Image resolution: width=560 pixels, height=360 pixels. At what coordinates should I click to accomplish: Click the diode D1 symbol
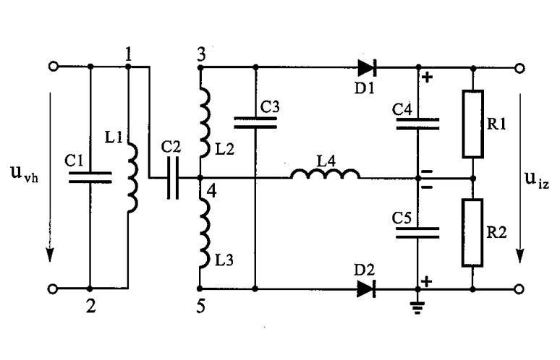coord(367,67)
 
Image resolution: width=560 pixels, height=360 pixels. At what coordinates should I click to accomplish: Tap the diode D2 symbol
coord(366,288)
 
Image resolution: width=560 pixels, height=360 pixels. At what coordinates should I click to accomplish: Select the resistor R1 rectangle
coord(473,124)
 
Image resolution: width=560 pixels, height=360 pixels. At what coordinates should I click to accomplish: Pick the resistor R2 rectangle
coord(472,233)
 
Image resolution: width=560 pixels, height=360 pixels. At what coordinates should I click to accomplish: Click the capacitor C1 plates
coord(90,177)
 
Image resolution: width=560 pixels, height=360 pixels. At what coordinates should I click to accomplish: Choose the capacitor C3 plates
coord(255,122)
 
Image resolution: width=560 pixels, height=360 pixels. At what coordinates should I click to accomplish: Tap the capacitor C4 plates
coord(418,124)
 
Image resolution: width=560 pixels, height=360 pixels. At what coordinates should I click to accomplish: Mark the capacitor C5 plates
coord(418,233)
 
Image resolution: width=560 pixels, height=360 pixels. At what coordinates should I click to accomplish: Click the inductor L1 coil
coord(133,178)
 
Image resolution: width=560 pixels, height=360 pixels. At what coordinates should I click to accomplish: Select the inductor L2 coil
coord(205,122)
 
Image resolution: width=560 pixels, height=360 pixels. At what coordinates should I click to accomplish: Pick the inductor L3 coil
coord(205,233)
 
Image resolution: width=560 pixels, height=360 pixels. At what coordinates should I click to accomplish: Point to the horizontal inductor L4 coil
coord(325,173)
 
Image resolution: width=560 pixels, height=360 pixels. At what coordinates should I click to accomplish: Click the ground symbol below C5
coord(417,307)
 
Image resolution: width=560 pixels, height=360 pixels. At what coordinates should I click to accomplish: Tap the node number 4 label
coord(211,192)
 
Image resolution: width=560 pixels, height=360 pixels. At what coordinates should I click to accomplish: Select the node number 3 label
coord(201,56)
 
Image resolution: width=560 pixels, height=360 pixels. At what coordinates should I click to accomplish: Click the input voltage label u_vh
coord(25,173)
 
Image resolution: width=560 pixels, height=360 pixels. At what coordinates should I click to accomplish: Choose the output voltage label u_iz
coord(537,179)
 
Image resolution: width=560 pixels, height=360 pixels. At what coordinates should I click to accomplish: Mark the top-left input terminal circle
coord(54,67)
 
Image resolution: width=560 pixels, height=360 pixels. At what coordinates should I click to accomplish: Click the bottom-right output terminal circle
coord(519,289)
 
